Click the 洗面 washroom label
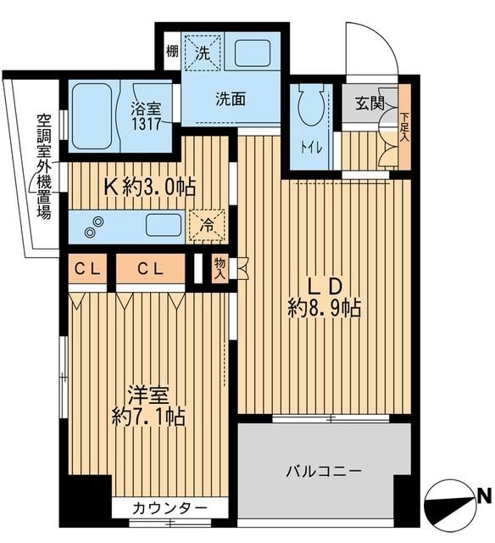click(x=230, y=98)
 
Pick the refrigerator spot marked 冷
click(x=207, y=225)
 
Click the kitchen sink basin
click(x=164, y=225)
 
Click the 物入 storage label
click(x=220, y=270)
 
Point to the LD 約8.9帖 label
click(x=324, y=295)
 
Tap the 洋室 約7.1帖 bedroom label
click(x=145, y=406)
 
